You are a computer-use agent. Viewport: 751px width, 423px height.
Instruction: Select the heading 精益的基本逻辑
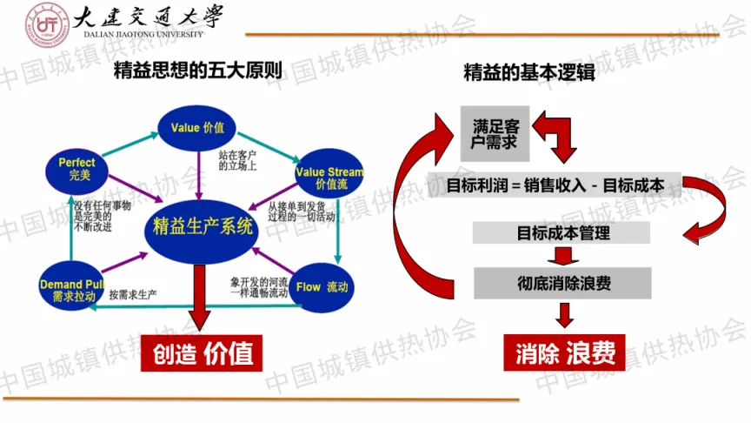click(x=529, y=73)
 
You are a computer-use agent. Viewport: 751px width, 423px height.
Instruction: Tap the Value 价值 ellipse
click(x=197, y=128)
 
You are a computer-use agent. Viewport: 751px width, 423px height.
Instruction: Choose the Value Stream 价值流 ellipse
click(x=328, y=178)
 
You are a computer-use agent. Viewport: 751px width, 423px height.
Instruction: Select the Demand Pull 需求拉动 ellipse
click(x=73, y=290)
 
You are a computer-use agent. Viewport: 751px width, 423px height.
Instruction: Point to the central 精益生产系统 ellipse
click(x=203, y=228)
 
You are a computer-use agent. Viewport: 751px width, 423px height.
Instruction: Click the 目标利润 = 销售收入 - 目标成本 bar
click(x=556, y=185)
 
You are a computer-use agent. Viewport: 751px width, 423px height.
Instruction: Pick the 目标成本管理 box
click(x=562, y=233)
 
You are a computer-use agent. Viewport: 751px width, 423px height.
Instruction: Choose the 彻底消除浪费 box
click(x=562, y=283)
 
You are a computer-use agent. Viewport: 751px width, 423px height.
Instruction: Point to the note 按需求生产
click(x=133, y=295)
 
